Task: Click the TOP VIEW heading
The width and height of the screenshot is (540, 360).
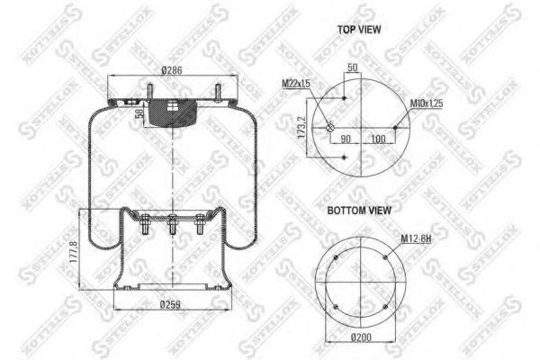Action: click(x=360, y=30)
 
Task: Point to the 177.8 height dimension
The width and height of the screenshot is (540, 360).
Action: click(x=73, y=254)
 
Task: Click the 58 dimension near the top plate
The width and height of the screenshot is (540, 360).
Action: click(x=138, y=112)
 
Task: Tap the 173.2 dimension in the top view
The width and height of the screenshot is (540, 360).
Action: click(x=304, y=126)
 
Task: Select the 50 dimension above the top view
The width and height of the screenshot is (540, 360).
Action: click(x=352, y=69)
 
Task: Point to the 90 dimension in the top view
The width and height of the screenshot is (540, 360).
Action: click(x=345, y=138)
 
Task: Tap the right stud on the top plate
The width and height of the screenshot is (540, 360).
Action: click(x=218, y=93)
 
